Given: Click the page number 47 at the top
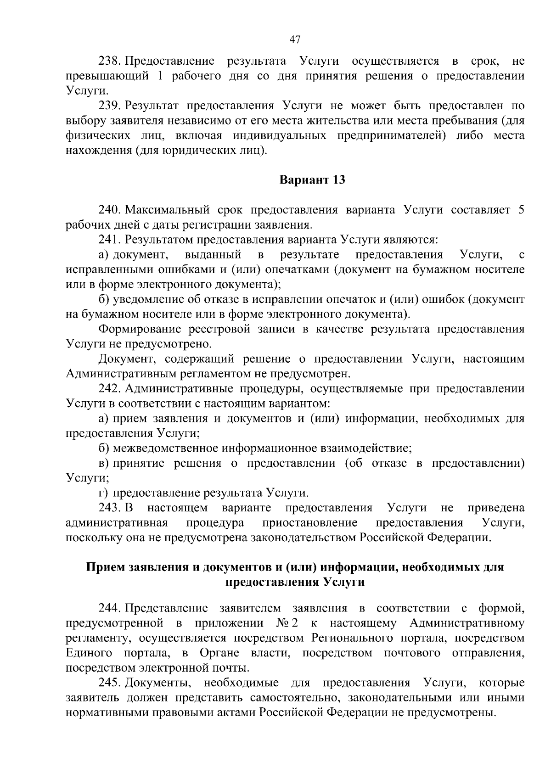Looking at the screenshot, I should pyautogui.click(x=295, y=39).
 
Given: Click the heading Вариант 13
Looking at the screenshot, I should pyautogui.click(x=312, y=180).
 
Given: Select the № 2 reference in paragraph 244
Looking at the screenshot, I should pyautogui.click(x=288, y=623).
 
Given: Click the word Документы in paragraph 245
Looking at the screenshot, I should pyautogui.click(x=158, y=683).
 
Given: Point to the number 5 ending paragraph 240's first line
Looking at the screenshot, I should pyautogui.click(x=520, y=210).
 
